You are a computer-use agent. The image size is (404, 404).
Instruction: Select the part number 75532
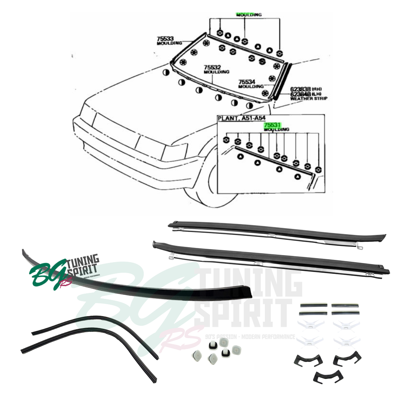click(x=212, y=67)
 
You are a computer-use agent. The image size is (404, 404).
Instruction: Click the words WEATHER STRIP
click(x=309, y=98)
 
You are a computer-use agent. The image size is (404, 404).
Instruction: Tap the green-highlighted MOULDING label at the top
click(x=249, y=15)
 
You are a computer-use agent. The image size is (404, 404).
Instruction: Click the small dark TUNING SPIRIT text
click(x=82, y=264)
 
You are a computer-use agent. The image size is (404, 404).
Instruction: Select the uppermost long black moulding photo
click(x=277, y=229)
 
